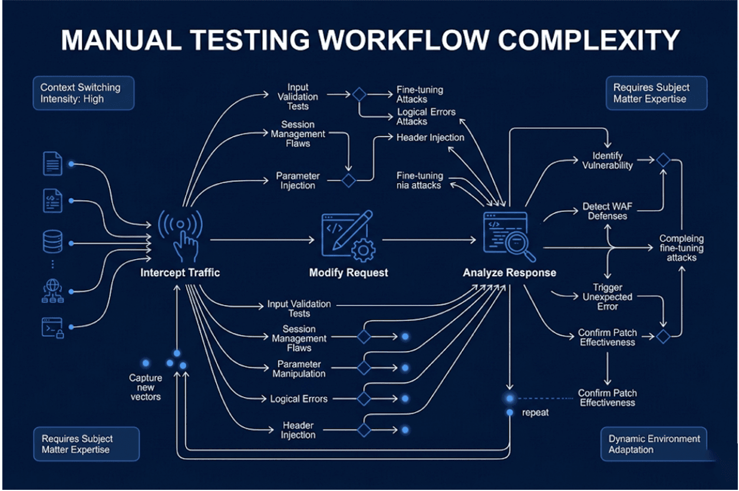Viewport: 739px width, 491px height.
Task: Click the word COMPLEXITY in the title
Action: (x=589, y=40)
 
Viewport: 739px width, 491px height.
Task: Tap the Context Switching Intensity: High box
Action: (x=84, y=93)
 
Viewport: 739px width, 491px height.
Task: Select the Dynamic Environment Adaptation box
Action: (x=654, y=444)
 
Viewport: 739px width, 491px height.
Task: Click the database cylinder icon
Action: (x=53, y=241)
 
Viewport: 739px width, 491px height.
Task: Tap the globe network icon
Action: (x=53, y=291)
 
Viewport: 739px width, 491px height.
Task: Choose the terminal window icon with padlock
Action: (x=53, y=327)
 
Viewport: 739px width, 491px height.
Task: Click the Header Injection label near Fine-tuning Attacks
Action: (x=430, y=137)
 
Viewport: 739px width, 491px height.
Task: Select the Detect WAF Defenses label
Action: (x=608, y=211)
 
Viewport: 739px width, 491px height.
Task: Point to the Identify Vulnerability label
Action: (x=608, y=161)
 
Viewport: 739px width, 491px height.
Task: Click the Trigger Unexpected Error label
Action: (x=608, y=297)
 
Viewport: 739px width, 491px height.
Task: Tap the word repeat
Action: (x=535, y=413)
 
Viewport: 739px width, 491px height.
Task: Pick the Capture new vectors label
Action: (x=146, y=387)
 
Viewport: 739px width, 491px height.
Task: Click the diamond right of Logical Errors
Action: (x=364, y=399)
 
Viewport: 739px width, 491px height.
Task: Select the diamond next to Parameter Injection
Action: (x=348, y=180)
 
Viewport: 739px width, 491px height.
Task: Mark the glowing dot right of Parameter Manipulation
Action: (x=405, y=368)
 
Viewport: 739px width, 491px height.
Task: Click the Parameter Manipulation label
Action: (x=299, y=369)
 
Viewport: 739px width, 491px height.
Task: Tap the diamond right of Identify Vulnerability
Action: (x=663, y=160)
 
